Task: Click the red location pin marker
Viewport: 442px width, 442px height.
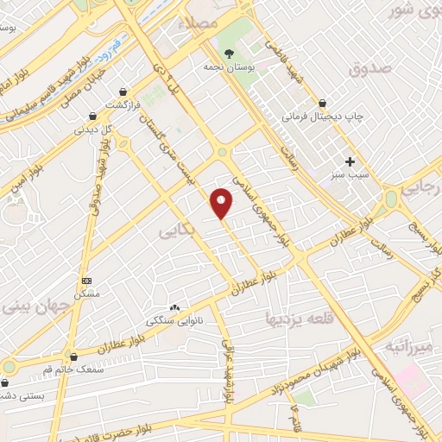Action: coord(222,202)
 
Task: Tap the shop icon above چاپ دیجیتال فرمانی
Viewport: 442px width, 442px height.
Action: coord(322,103)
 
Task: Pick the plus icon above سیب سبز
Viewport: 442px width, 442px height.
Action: coord(350,161)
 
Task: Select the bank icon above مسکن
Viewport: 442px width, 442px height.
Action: coord(86,281)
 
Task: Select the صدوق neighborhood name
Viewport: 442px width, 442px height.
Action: coord(372,67)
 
